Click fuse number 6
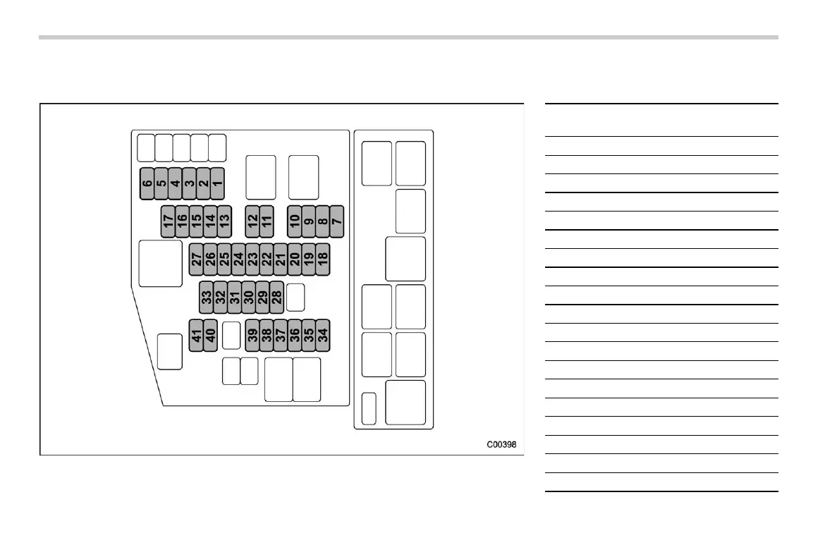pos(147,183)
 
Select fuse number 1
pos(217,183)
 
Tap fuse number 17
pos(168,221)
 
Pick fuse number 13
pos(224,221)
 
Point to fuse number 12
pos(252,221)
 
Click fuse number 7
pos(336,221)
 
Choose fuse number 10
pos(295,221)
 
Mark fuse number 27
pos(196,259)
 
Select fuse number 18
pos(322,259)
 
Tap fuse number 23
pos(252,259)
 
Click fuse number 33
pos(207,297)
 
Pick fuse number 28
pos(276,297)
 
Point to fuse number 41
pos(196,335)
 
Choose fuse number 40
pos(210,335)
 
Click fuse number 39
pos(252,335)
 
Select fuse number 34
pos(322,335)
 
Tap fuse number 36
pos(295,335)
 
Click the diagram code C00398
pos(501,445)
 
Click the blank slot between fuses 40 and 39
pos(231,335)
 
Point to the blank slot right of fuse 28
pos(295,297)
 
